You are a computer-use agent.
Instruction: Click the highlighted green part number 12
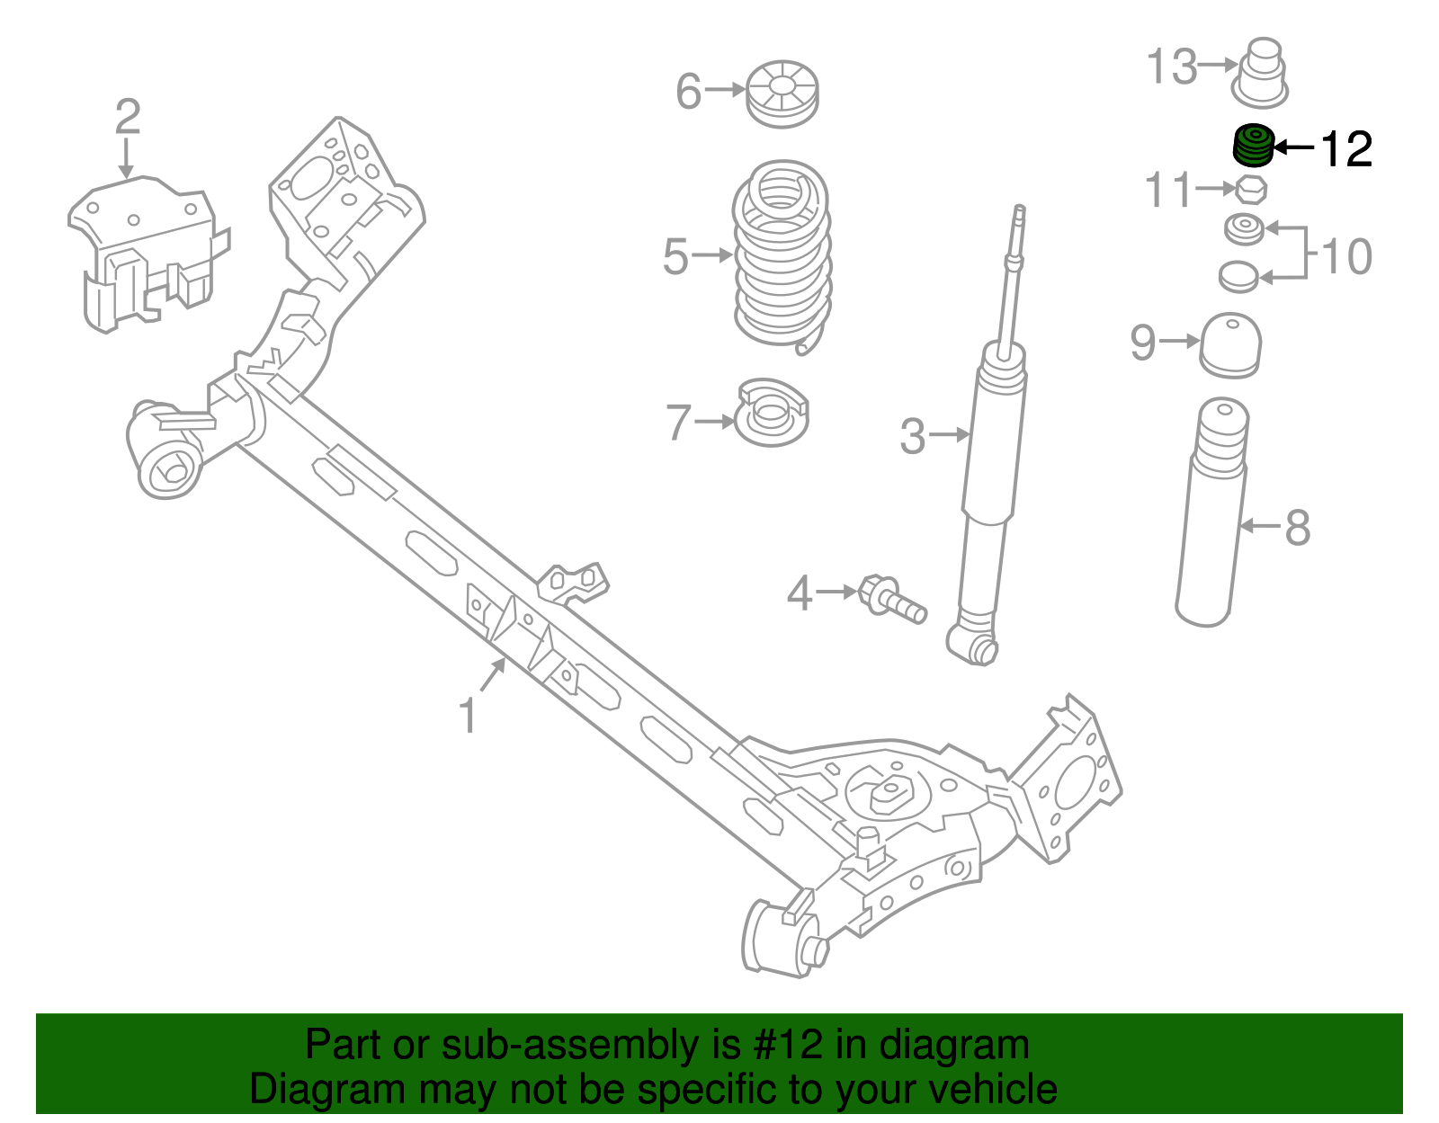point(1252,146)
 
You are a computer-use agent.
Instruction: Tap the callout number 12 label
point(1345,148)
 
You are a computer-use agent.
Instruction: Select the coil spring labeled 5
point(782,255)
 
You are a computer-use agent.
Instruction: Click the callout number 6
point(688,91)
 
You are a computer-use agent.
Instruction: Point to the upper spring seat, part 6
point(782,93)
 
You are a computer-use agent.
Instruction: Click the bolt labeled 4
point(890,598)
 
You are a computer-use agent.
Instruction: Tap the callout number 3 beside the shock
point(912,436)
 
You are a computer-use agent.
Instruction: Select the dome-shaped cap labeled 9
point(1230,344)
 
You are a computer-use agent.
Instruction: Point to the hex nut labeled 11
point(1250,190)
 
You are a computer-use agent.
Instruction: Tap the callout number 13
point(1172,67)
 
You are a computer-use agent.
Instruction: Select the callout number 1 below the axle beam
point(467,717)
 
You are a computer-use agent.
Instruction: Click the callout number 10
point(1345,257)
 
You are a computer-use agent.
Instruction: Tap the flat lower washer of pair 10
point(1238,276)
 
